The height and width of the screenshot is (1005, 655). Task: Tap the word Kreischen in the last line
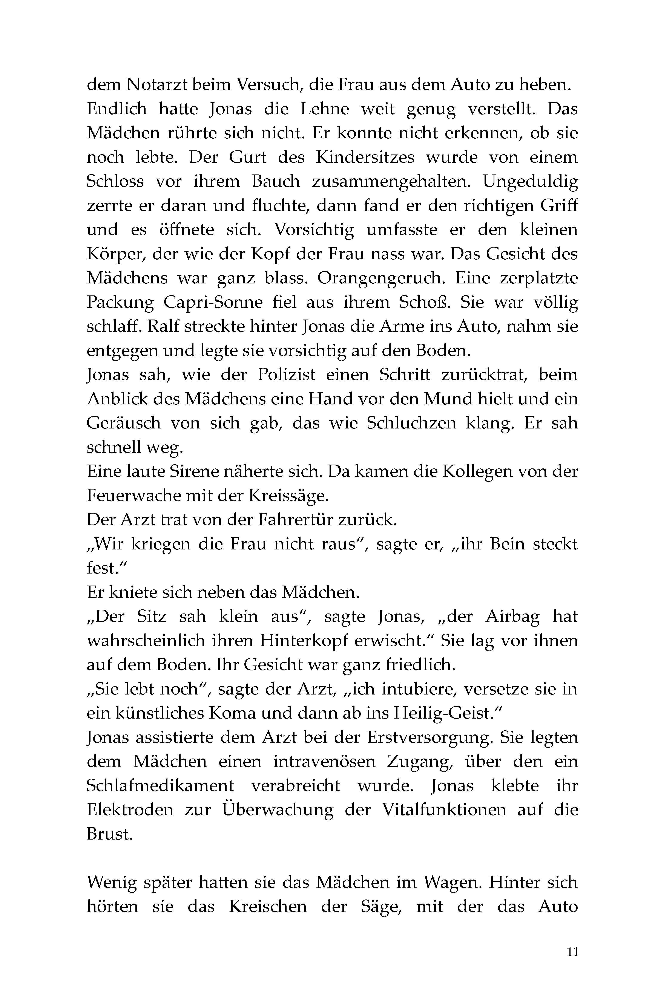[268, 907]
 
